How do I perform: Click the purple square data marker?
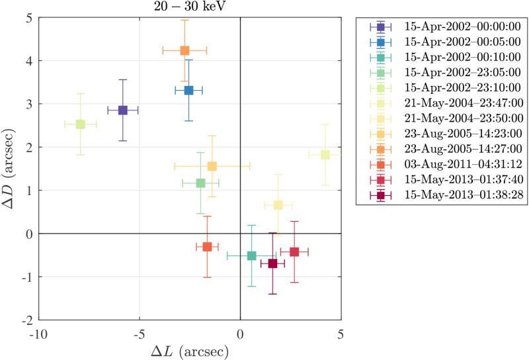(122, 110)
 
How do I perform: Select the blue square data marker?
(188, 90)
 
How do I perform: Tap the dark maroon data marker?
(272, 263)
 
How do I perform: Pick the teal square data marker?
(251, 255)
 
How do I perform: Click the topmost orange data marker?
(184, 50)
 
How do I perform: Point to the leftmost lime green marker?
(81, 124)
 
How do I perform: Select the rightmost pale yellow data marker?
(325, 155)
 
